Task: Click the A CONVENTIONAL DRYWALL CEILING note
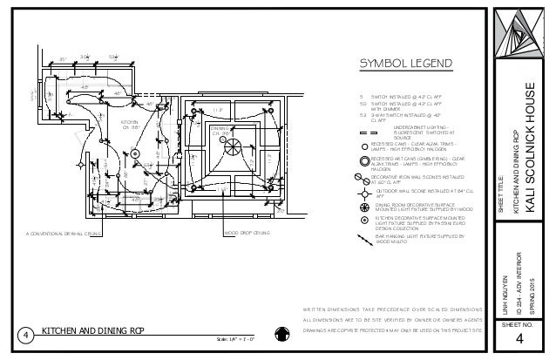click(64, 233)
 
